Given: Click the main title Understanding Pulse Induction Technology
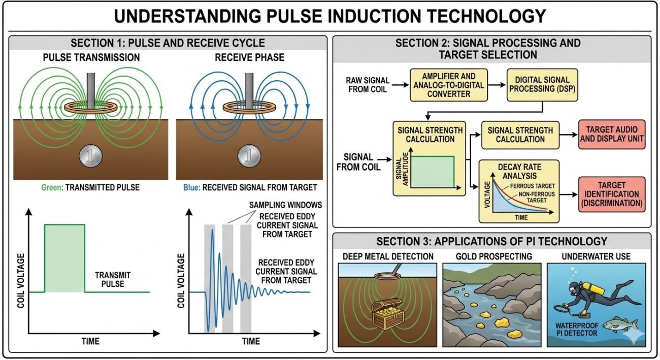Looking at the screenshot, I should pyautogui.click(x=329, y=16).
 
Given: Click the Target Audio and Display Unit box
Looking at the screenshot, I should pyautogui.click(x=611, y=135).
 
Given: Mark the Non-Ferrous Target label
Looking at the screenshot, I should pyautogui.click(x=529, y=197).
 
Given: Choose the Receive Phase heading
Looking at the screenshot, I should pyautogui.click(x=249, y=57).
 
